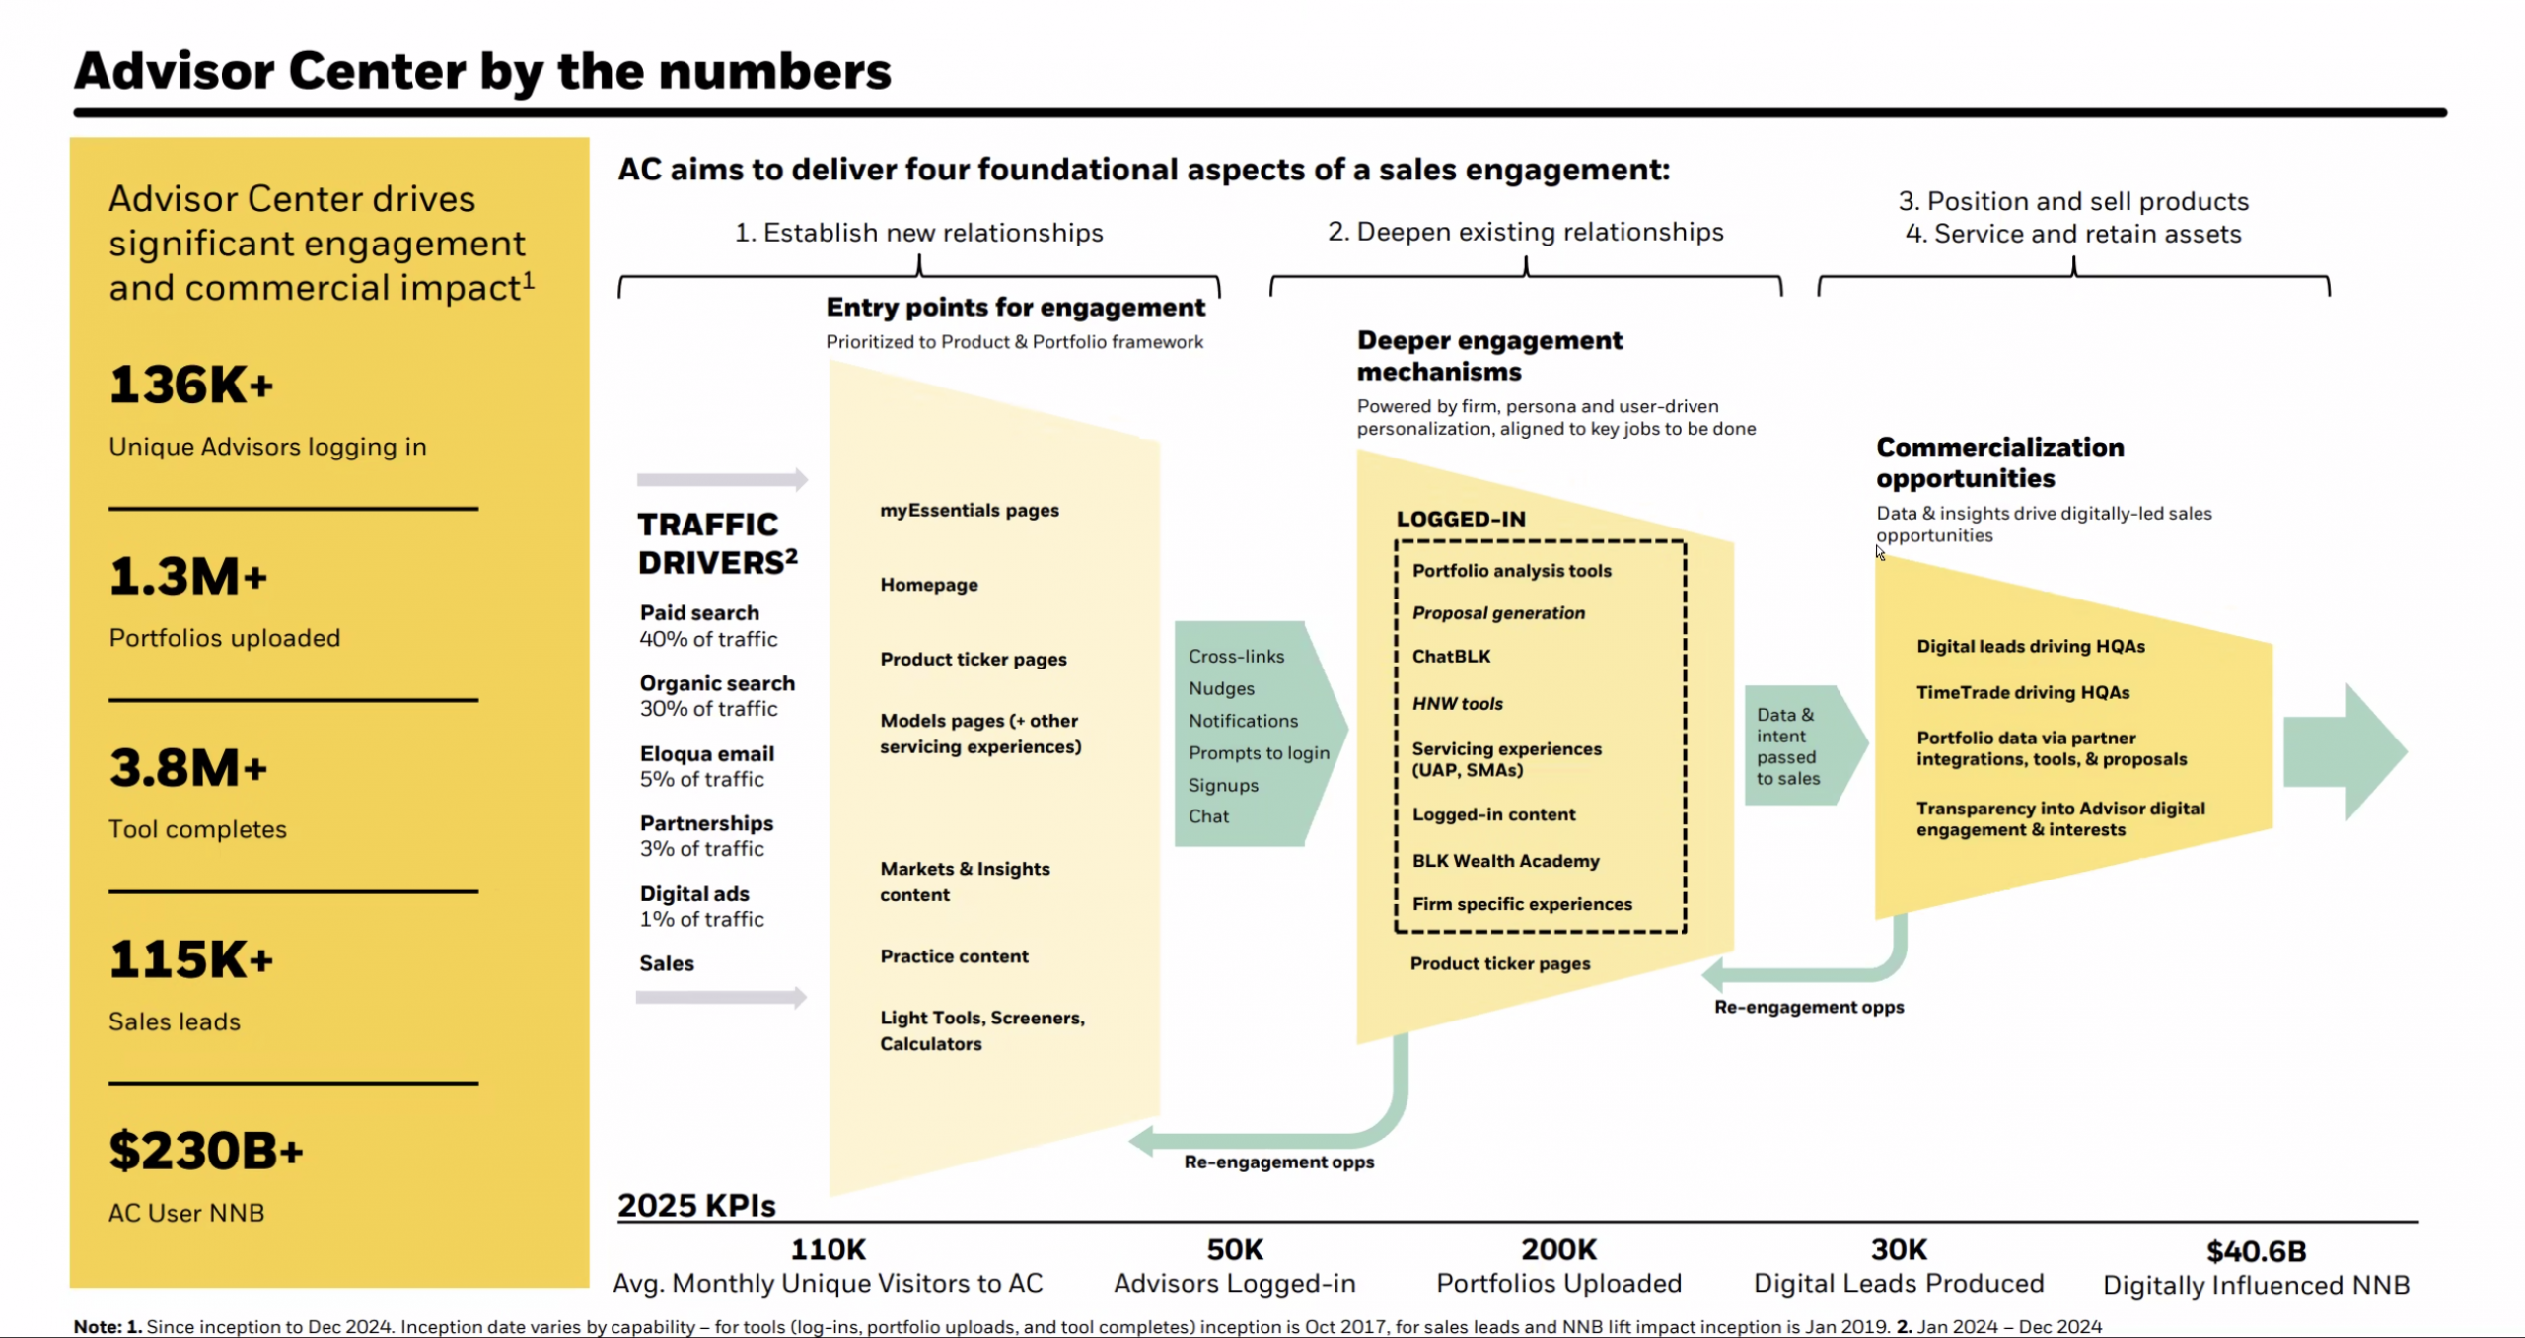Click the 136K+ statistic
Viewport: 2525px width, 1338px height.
[x=190, y=385]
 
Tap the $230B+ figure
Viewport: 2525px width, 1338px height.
[x=206, y=1151]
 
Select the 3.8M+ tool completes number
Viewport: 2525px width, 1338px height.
[x=188, y=768]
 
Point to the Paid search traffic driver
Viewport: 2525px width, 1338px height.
[x=699, y=612]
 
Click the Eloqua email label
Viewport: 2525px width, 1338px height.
[x=706, y=753]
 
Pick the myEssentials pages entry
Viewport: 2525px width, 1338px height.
[x=970, y=510]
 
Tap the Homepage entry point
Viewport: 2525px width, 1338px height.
[x=929, y=585]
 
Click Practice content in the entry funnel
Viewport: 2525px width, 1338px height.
[x=954, y=956]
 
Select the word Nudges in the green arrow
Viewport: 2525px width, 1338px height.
[x=1221, y=688]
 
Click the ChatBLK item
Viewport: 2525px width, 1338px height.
[x=1451, y=656]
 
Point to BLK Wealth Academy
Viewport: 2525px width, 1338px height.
[x=1505, y=861]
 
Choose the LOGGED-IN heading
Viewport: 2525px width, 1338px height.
[x=1461, y=519]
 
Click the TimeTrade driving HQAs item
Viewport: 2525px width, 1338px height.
[x=2023, y=692]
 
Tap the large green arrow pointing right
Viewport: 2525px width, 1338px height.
[x=2345, y=751]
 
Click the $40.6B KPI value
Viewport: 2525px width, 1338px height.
[x=2256, y=1251]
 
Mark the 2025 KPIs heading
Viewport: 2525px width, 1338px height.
[x=696, y=1205]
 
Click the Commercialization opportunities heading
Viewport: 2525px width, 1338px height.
[x=2000, y=462]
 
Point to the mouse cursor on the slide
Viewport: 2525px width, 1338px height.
[x=1880, y=552]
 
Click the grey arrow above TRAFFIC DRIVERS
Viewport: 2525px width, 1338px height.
[x=722, y=480]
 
